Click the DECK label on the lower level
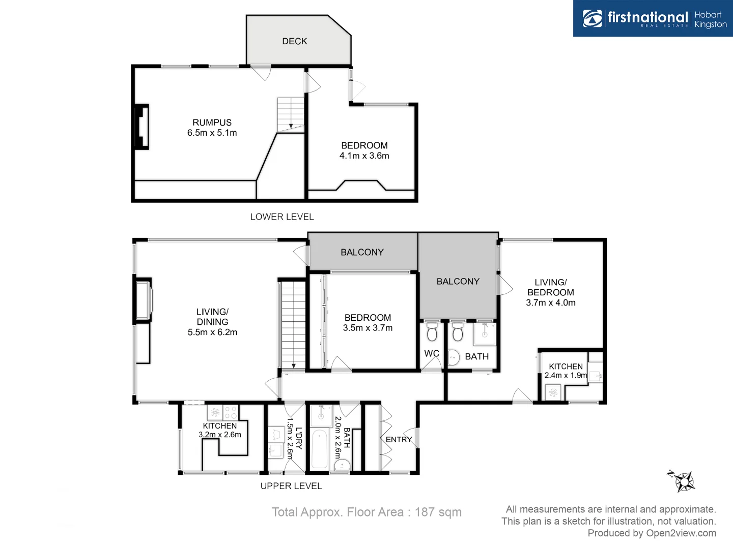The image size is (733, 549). (x=295, y=41)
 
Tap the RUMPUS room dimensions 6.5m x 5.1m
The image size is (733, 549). (x=212, y=133)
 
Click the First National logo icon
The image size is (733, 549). (x=593, y=18)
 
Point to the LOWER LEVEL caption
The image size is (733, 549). (x=282, y=217)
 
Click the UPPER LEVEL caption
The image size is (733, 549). (x=291, y=486)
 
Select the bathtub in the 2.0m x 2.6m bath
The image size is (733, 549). (x=319, y=449)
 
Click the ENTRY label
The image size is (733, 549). (x=399, y=439)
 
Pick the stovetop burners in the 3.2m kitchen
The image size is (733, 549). (x=231, y=412)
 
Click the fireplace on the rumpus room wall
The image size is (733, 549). (x=141, y=127)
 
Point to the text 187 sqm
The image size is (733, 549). (x=438, y=512)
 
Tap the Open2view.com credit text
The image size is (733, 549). (x=681, y=533)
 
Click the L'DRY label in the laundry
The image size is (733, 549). (x=299, y=438)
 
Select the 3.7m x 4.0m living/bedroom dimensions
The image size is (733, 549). (x=551, y=302)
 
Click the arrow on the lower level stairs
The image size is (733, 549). (x=291, y=125)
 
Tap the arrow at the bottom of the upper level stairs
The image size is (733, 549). (x=294, y=365)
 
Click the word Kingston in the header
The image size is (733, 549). (x=711, y=24)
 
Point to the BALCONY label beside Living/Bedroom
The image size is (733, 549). (x=458, y=281)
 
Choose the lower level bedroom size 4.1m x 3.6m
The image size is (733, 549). (x=364, y=156)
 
